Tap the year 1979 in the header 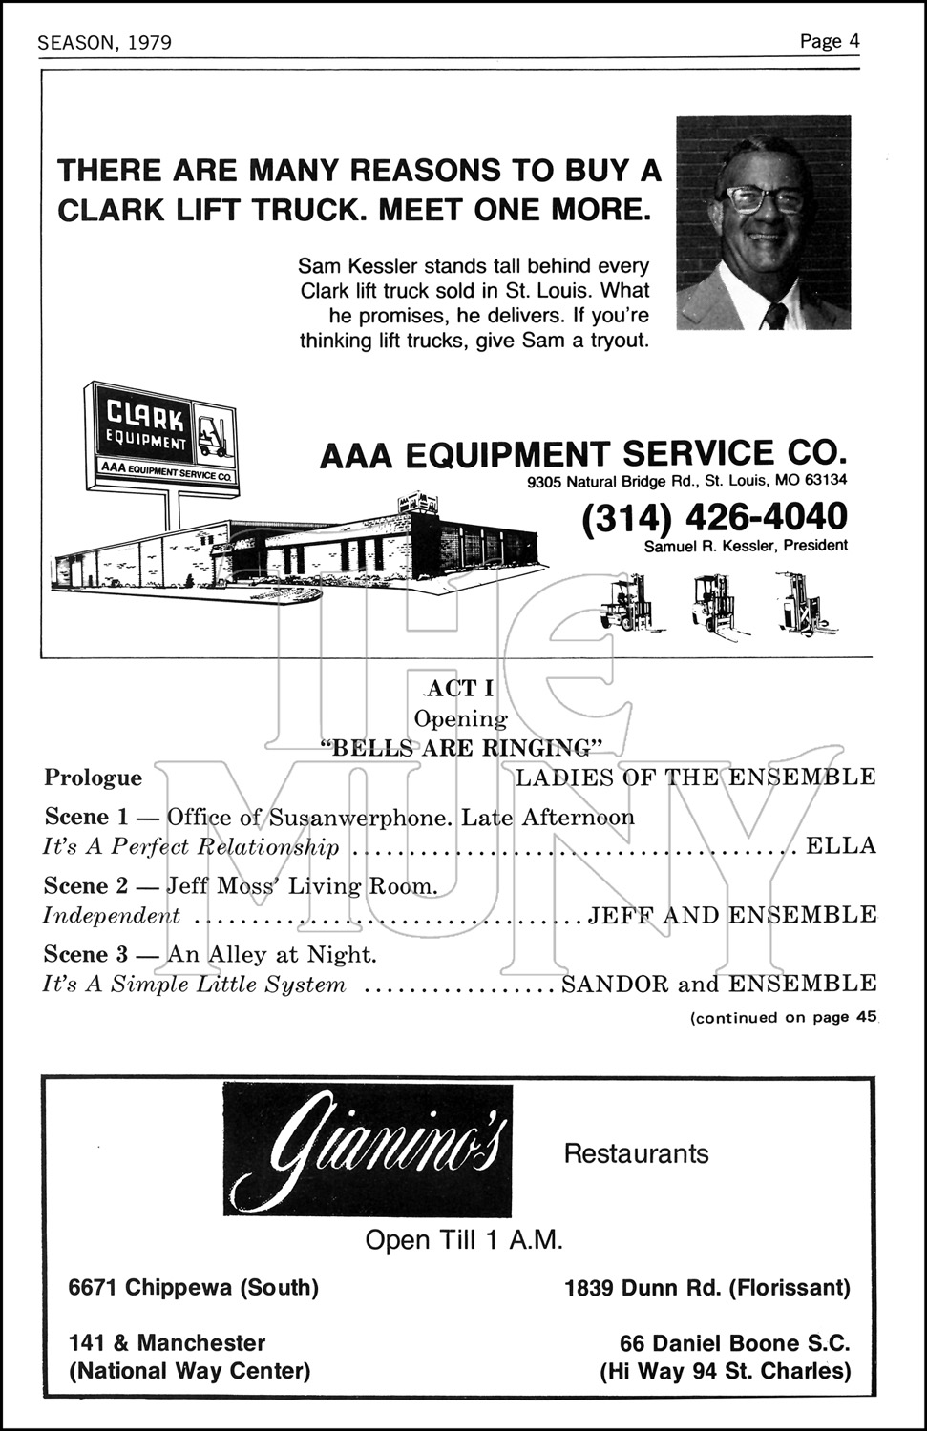tap(147, 43)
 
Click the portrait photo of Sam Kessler tap(763, 223)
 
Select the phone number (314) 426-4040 tap(714, 517)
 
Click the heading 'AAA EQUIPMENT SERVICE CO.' tap(582, 454)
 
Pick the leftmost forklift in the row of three tap(625, 604)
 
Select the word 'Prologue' tap(94, 778)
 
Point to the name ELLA tap(841, 846)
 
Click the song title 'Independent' tap(112, 916)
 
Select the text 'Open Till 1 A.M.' tap(464, 1240)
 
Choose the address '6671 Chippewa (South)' tap(194, 1288)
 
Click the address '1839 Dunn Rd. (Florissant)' tap(706, 1288)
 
